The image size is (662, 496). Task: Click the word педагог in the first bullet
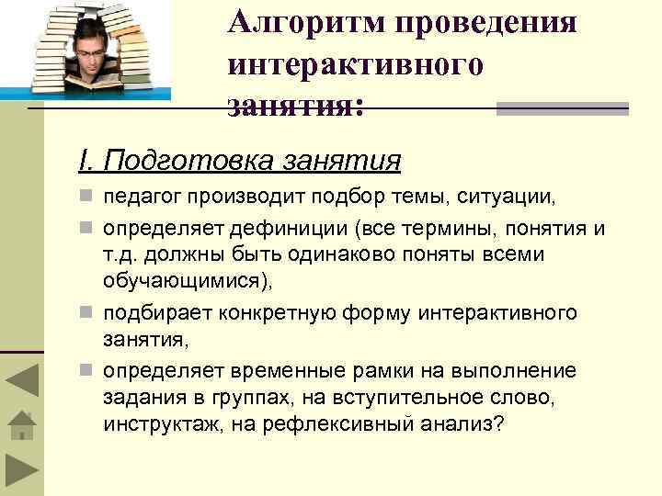(138, 196)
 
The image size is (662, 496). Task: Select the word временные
(296, 370)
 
